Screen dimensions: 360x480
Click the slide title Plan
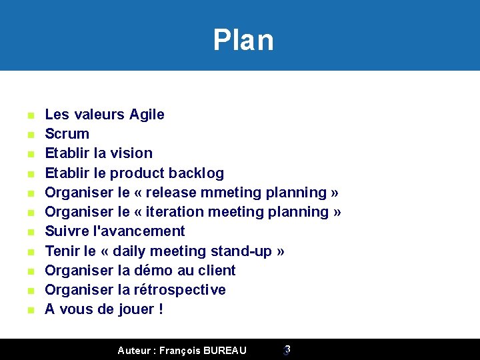click(243, 40)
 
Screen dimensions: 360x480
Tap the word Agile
click(147, 115)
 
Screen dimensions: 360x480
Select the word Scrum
click(67, 134)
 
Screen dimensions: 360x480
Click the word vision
click(131, 153)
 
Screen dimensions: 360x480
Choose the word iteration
click(173, 212)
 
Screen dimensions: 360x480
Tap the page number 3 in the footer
click(287, 349)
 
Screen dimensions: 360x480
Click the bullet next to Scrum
click(30, 135)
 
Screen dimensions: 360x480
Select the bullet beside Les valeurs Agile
click(30, 115)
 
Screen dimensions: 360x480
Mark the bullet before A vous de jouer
click(30, 310)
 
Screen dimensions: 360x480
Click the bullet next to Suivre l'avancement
click(30, 232)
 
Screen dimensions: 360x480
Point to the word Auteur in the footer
click(134, 350)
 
